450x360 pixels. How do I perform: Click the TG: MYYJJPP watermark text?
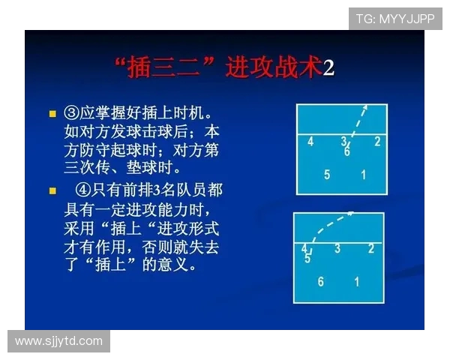394,19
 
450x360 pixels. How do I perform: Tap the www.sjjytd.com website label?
58,341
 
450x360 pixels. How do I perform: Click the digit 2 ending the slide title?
328,68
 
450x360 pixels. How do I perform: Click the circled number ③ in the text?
72,114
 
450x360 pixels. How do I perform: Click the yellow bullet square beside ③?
52,115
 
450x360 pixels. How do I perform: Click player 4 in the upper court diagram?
310,141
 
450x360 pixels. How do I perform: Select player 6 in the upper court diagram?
347,151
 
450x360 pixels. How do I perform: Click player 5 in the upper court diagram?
327,175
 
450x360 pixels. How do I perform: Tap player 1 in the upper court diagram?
364,175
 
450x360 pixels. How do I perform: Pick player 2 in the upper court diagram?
377,141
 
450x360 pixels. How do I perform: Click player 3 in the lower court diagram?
337,248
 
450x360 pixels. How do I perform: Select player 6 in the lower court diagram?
321,282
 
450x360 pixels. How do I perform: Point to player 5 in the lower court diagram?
307,259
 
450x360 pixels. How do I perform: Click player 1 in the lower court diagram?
357,282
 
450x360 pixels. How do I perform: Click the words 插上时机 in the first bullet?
175,114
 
